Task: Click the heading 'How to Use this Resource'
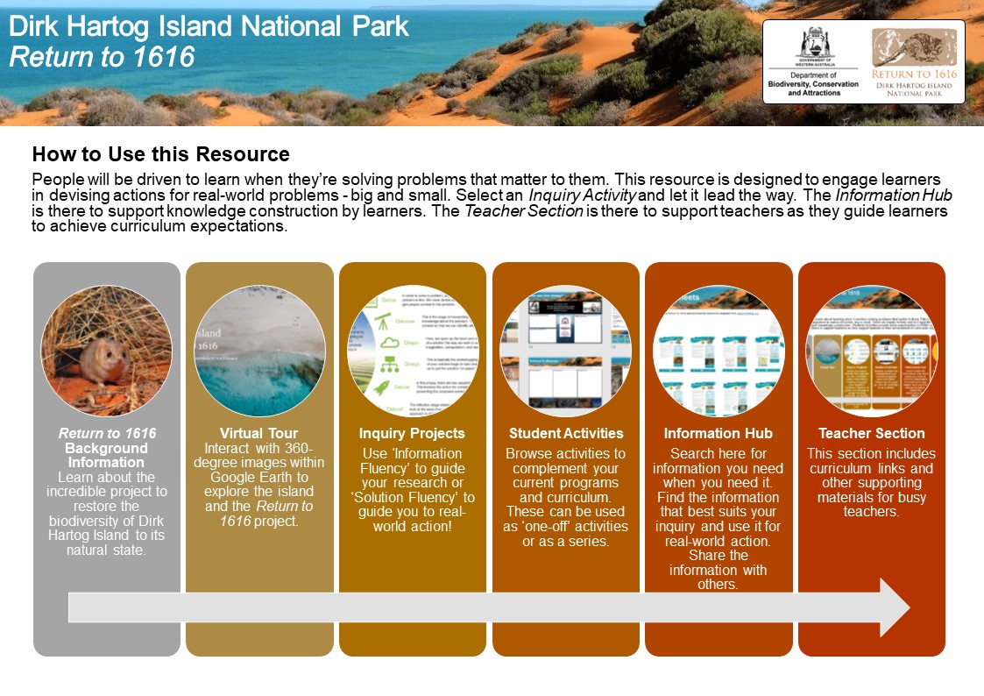point(160,155)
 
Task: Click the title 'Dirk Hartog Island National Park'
point(209,26)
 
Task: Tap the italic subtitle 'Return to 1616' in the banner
point(102,57)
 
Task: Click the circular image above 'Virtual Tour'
point(259,351)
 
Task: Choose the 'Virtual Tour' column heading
point(259,433)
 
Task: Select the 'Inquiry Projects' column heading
point(412,433)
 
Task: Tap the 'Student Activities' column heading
point(566,433)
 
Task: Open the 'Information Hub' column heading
point(718,433)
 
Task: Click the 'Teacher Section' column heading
point(871,433)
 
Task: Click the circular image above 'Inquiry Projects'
point(413,351)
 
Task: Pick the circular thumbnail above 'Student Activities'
point(565,351)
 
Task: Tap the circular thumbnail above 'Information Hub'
point(719,351)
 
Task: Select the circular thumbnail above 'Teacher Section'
point(871,351)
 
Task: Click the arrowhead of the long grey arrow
point(894,607)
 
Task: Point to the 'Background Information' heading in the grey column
point(106,455)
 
